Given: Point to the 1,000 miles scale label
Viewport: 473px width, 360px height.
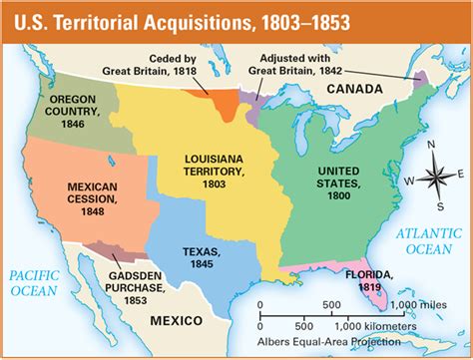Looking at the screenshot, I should (x=419, y=304).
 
